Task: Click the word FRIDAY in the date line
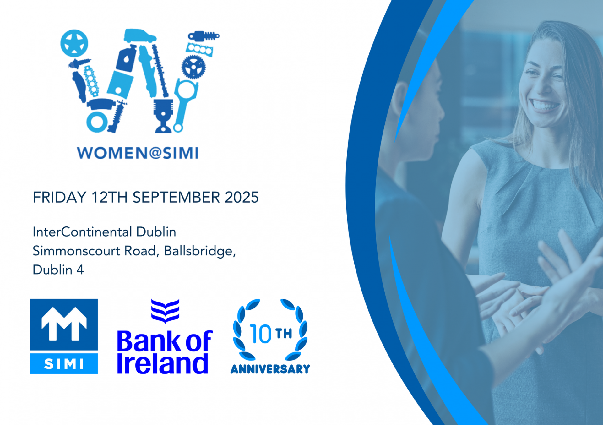[x=59, y=198]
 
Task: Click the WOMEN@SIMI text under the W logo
[x=138, y=153]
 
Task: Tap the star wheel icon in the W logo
[x=74, y=43]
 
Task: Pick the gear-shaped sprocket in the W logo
[x=193, y=67]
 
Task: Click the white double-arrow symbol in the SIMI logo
[x=64, y=324]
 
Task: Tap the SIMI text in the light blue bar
[x=64, y=364]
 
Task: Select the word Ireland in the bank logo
[x=162, y=364]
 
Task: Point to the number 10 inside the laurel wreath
[x=261, y=334]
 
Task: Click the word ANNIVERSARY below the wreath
[x=270, y=369]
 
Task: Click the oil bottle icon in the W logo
[x=127, y=59]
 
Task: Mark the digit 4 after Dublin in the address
[x=80, y=270]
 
